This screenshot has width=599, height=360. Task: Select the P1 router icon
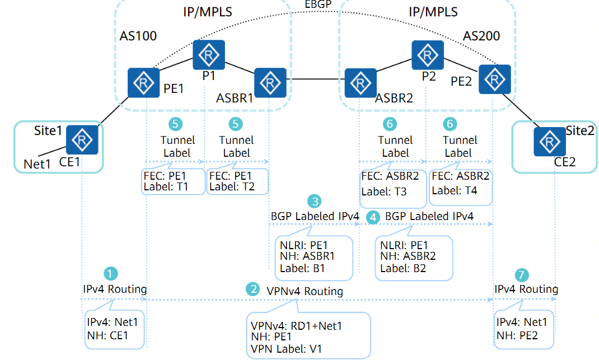[209, 55]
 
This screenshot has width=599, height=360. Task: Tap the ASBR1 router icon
[270, 83]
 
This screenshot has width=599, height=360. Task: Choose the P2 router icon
[428, 55]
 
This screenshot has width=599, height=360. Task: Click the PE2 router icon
[495, 79]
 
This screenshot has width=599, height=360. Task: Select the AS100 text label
[138, 36]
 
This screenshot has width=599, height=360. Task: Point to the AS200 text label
[481, 36]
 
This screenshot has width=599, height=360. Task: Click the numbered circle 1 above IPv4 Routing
[111, 274]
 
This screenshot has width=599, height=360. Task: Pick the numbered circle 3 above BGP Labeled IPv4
[316, 200]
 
